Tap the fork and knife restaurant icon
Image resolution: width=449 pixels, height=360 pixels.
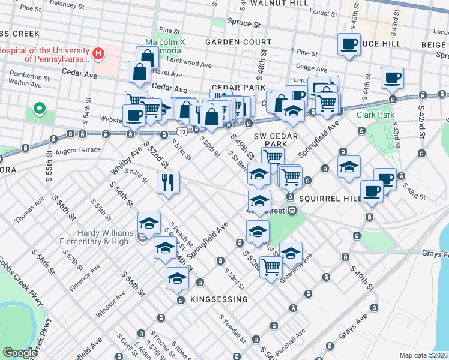coord(168,182)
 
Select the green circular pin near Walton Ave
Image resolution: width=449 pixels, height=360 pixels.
coord(40,109)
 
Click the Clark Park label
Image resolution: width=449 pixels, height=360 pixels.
coord(373,114)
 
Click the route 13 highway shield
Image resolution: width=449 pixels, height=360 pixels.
coord(181,131)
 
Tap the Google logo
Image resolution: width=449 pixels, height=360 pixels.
coord(20,353)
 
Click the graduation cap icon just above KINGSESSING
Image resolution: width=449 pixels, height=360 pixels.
coord(177,278)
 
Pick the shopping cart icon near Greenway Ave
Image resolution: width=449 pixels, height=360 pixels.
coord(271,266)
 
